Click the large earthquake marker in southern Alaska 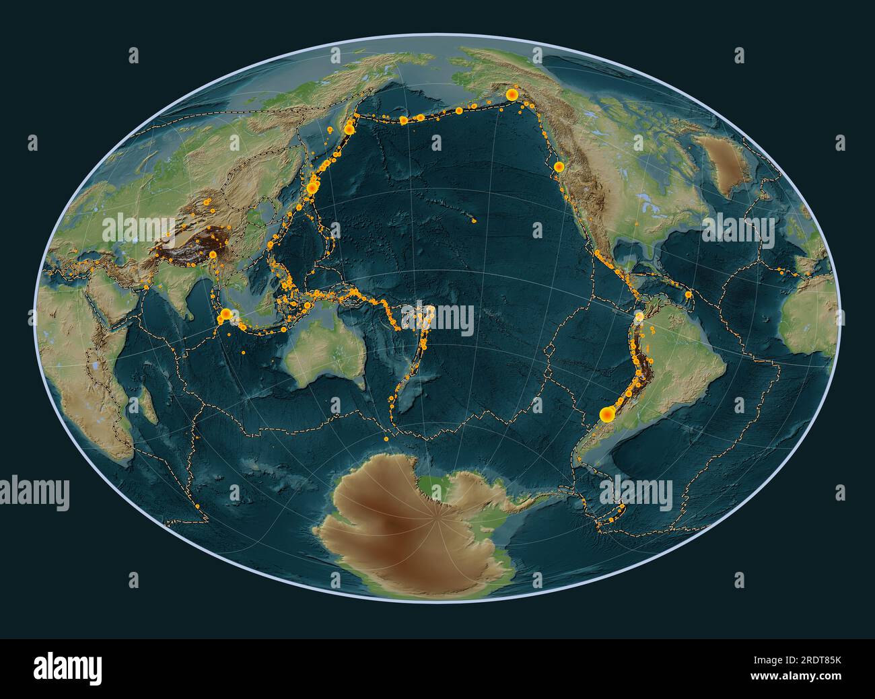pos(512,95)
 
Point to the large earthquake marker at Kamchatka pos(349,128)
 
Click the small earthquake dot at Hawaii pos(475,220)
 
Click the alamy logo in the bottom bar pos(67,667)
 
